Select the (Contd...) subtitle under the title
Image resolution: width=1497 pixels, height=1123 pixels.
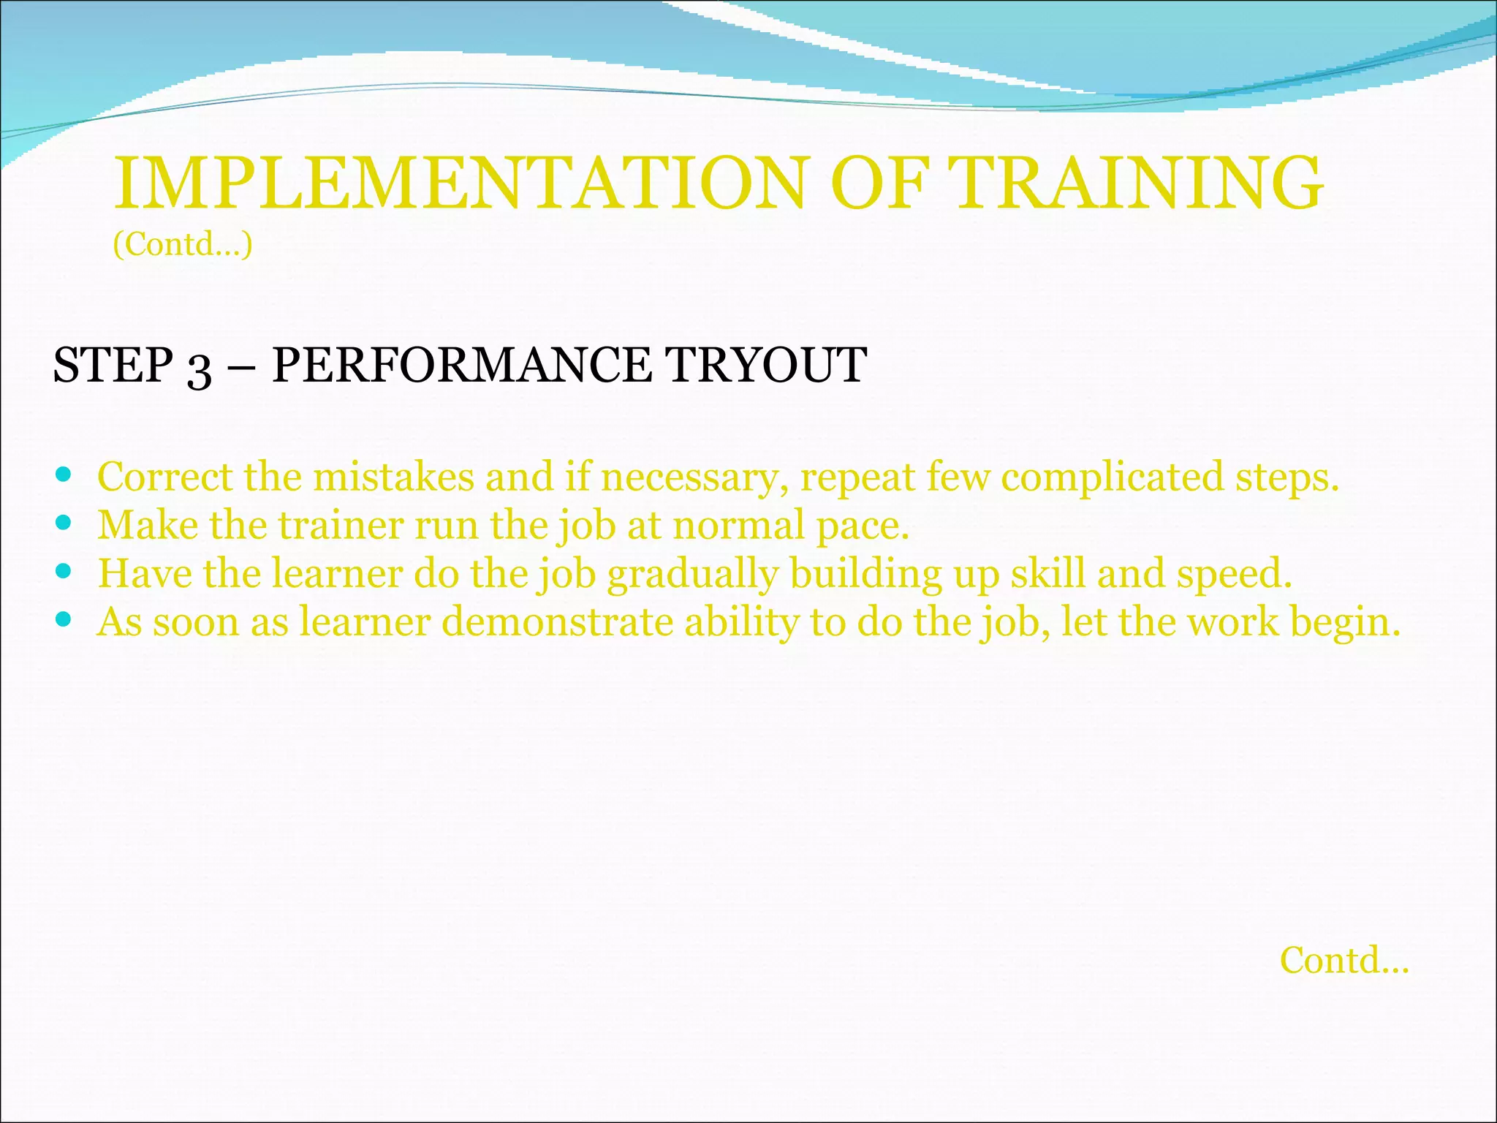(183, 244)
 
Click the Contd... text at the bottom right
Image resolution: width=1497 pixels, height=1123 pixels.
(1343, 961)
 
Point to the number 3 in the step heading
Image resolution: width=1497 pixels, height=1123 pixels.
(199, 368)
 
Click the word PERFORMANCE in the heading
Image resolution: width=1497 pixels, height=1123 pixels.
(461, 365)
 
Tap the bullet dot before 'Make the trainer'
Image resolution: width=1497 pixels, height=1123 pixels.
(64, 523)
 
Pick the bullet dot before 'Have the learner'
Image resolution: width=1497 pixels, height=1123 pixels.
(64, 572)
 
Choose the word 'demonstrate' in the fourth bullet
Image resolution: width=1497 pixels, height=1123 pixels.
(557, 623)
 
